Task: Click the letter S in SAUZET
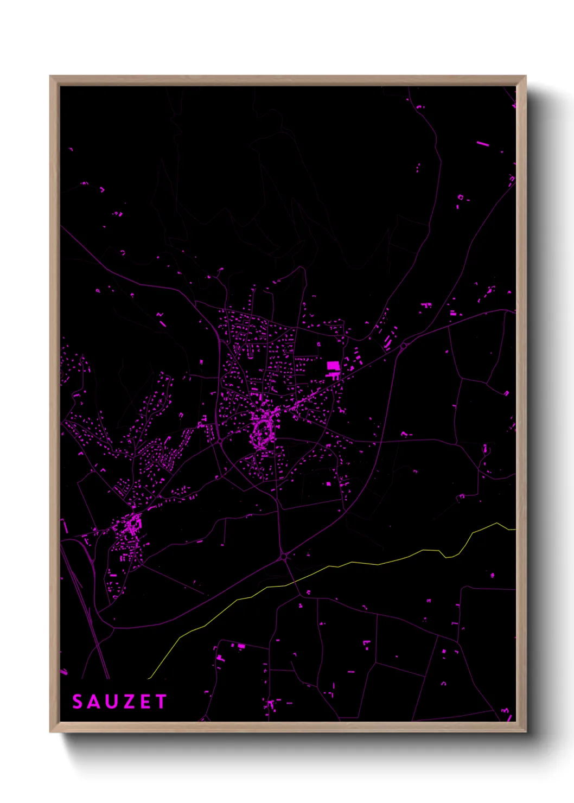[x=77, y=702]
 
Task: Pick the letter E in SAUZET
[x=144, y=702]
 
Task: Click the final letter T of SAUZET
[x=161, y=702]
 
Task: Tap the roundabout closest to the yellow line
[x=284, y=557]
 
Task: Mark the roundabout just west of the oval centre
[x=220, y=442]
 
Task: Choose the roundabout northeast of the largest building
[x=404, y=345]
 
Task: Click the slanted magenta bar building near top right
[x=482, y=144]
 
